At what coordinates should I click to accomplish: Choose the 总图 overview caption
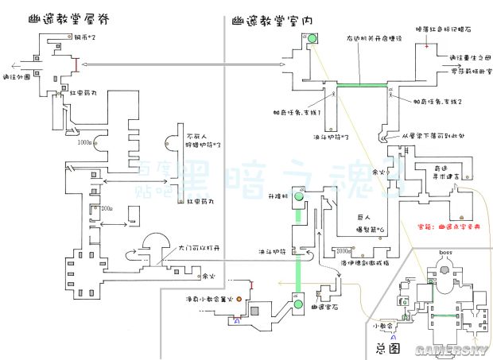pyautogui.click(x=386, y=348)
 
